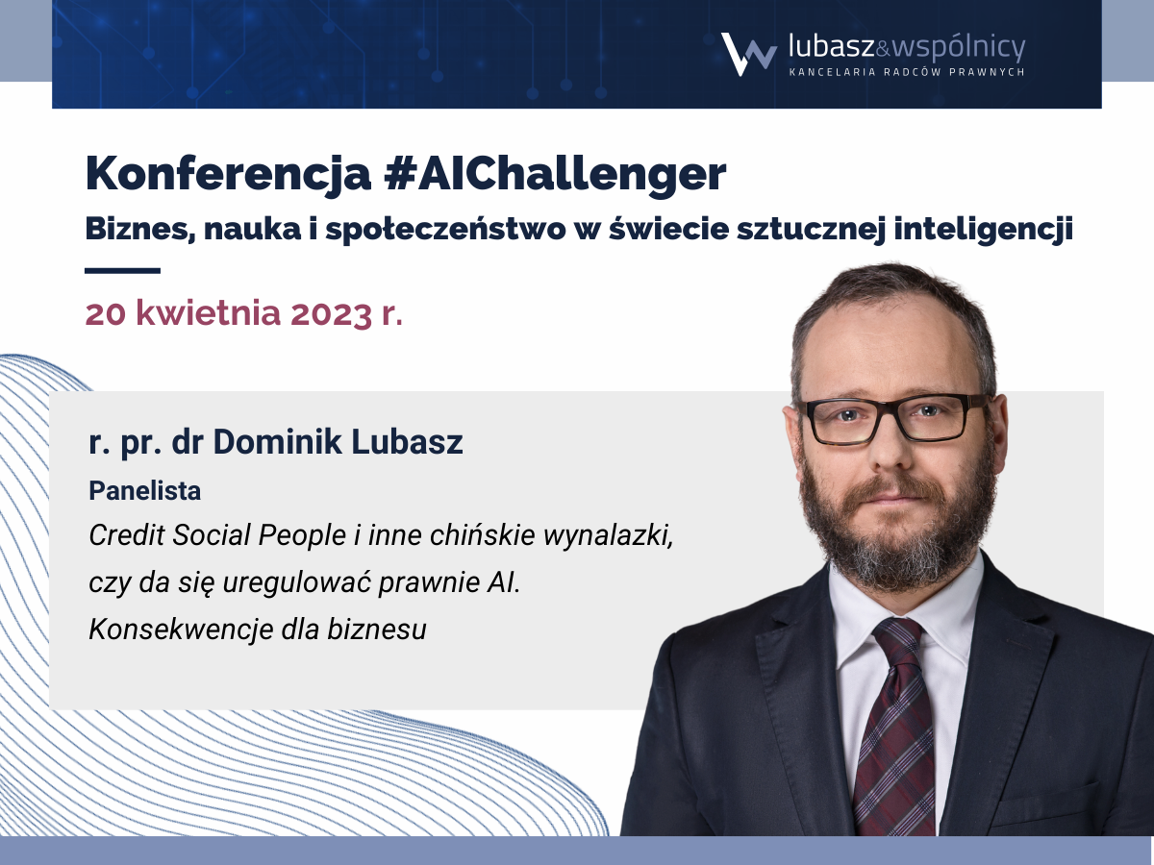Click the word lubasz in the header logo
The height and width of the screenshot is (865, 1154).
pyautogui.click(x=832, y=47)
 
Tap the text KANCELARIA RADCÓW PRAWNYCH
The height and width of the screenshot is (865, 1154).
pyautogui.click(x=907, y=72)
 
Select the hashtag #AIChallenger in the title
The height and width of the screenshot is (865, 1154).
pyautogui.click(x=555, y=173)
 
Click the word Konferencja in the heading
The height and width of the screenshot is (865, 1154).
pyautogui.click(x=228, y=173)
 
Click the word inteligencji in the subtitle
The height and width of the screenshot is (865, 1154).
pyautogui.click(x=983, y=230)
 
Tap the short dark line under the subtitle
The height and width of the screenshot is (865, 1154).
pyautogui.click(x=122, y=271)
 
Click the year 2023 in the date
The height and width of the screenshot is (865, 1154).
pyautogui.click(x=331, y=313)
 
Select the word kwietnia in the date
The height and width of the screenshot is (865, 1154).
pyautogui.click(x=208, y=313)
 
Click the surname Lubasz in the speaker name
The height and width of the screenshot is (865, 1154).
pyautogui.click(x=407, y=442)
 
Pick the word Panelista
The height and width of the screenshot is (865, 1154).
pyautogui.click(x=144, y=491)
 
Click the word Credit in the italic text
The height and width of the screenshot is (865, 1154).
pyautogui.click(x=127, y=535)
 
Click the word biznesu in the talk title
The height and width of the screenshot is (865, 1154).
pyautogui.click(x=376, y=630)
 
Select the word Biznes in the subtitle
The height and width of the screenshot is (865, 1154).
pyautogui.click(x=138, y=230)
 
